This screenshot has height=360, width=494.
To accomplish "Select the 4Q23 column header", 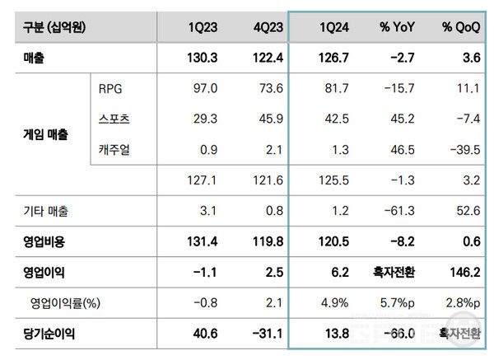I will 268,27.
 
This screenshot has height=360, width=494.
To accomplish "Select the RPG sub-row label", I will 110,89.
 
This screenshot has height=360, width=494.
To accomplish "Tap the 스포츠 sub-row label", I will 114,119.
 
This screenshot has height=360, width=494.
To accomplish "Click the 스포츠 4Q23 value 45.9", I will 269,119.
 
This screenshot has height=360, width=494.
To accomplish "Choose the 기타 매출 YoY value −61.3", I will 396,212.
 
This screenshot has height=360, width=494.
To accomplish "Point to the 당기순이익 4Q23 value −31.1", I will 266,335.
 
